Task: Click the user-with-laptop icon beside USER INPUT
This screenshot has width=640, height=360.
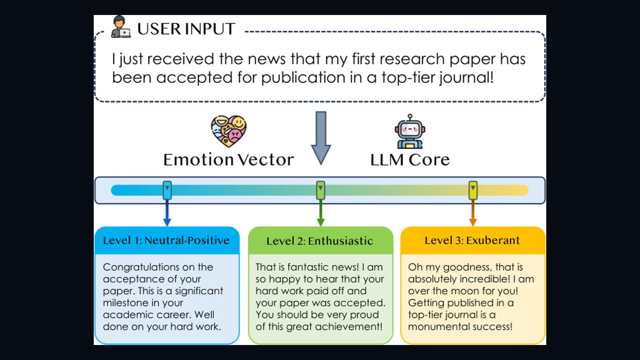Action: click(x=121, y=27)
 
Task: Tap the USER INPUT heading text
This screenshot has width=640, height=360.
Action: click(x=186, y=29)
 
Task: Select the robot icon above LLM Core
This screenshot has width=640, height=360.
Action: click(x=410, y=131)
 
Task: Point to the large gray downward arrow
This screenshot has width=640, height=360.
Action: click(x=321, y=138)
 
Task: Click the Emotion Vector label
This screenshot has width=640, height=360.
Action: click(x=229, y=160)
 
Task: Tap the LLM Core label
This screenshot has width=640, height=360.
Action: click(x=410, y=160)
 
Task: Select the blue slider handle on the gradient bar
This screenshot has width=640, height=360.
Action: click(x=167, y=190)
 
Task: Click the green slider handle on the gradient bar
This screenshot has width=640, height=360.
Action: click(x=320, y=190)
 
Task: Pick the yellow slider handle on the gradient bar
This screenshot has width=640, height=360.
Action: click(x=473, y=190)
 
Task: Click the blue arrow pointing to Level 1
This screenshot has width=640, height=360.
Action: click(x=167, y=213)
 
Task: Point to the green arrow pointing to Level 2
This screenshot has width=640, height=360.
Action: click(x=320, y=213)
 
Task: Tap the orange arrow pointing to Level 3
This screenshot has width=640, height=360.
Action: click(x=473, y=213)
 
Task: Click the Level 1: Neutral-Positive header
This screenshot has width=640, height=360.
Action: click(x=166, y=240)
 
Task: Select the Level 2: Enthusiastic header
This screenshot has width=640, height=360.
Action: click(x=320, y=241)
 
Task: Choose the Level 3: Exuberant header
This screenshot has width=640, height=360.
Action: click(x=472, y=240)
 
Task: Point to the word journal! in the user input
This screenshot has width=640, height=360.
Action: click(x=466, y=78)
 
